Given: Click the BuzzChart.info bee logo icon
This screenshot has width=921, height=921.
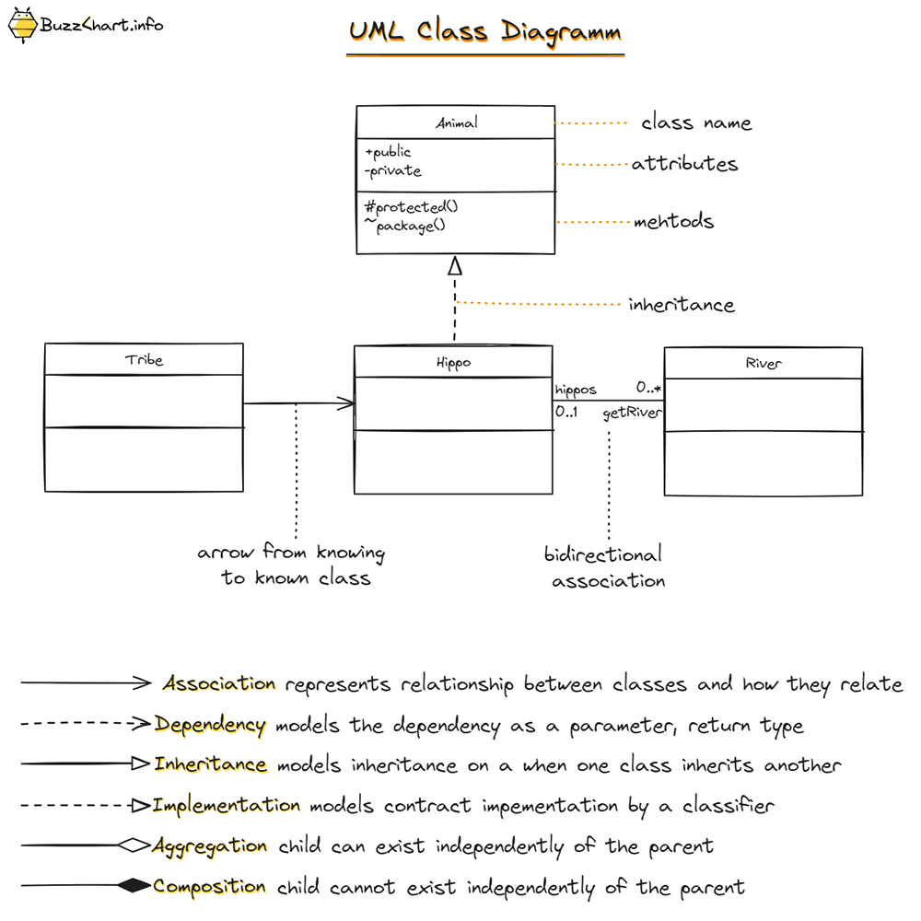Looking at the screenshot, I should (x=22, y=25).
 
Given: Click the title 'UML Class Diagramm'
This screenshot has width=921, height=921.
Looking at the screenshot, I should (x=484, y=31).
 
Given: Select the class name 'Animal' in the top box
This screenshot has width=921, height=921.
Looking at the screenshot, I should (x=457, y=122).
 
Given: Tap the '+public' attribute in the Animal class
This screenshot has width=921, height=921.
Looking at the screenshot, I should (x=388, y=152).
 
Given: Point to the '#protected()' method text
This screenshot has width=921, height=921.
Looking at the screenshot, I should (x=411, y=207).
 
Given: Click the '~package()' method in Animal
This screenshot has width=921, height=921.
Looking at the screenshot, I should (x=404, y=226).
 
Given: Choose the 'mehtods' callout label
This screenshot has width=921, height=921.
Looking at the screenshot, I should (x=673, y=222).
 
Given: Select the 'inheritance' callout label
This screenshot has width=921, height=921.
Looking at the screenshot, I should (x=681, y=305).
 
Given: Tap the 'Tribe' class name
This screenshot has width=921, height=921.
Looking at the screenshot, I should (x=144, y=359).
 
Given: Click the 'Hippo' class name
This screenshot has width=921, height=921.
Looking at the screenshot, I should (x=453, y=363).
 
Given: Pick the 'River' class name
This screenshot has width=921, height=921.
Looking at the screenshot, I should (x=764, y=364).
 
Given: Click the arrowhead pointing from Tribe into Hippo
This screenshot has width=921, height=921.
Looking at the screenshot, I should (x=346, y=403).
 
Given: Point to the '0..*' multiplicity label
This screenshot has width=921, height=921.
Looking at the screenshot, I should (x=648, y=390).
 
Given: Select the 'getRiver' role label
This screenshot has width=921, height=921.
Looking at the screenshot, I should (x=632, y=414).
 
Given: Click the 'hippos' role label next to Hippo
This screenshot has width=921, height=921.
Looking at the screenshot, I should (x=576, y=390).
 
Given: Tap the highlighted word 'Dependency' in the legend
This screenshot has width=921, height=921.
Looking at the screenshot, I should (x=210, y=725).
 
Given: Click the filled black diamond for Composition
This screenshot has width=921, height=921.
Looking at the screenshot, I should (x=134, y=886).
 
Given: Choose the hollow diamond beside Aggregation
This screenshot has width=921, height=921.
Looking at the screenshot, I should (x=134, y=845).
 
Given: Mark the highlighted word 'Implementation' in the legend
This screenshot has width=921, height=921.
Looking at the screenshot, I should (x=227, y=805).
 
